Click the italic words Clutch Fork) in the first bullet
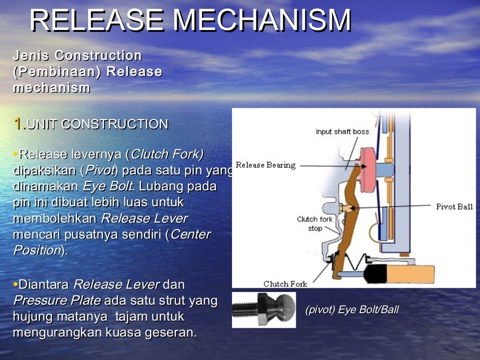[167, 154]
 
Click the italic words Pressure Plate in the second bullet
[56, 300]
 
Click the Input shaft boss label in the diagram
[342, 132]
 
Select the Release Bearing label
[265, 165]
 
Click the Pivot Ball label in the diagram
[454, 207]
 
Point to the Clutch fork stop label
[315, 224]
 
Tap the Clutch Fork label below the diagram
[285, 284]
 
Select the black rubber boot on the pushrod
[373, 272]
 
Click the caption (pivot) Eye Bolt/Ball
[352, 310]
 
